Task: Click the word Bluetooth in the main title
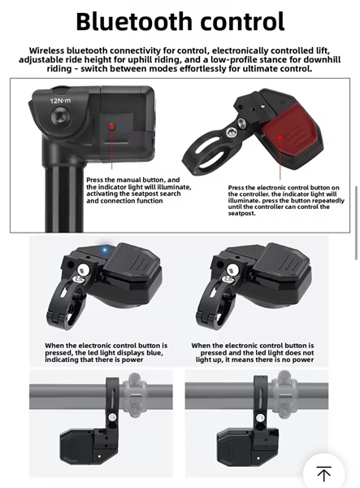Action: tap(134, 21)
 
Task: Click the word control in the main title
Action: tap(243, 21)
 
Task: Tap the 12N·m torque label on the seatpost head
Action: tap(60, 101)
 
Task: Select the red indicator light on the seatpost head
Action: tap(111, 127)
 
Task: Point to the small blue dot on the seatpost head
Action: tap(122, 127)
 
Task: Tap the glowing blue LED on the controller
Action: tap(105, 250)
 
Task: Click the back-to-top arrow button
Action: tap(323, 473)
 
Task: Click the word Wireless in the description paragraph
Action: tap(46, 50)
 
